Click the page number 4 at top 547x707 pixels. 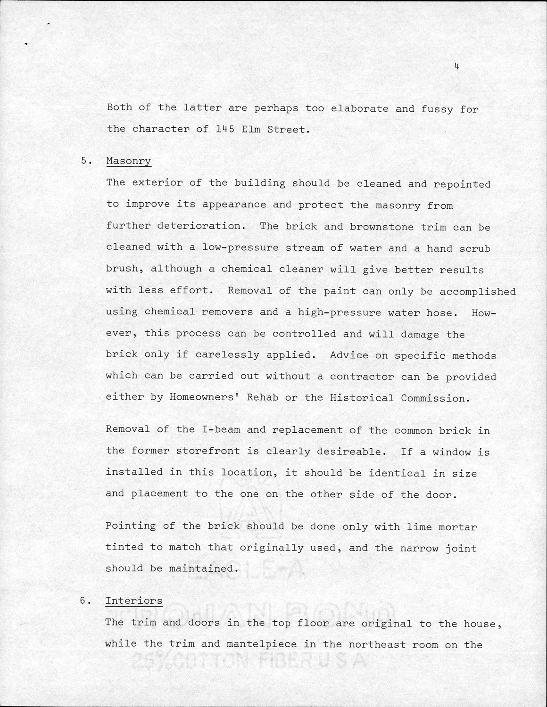coord(456,66)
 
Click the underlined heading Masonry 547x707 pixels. coord(128,161)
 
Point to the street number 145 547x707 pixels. coord(225,129)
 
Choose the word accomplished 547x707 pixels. coord(477,291)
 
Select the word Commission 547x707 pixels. coord(435,398)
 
